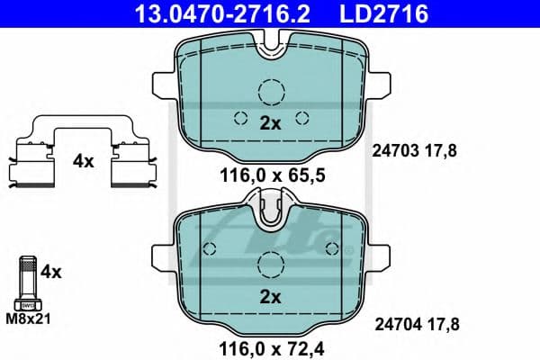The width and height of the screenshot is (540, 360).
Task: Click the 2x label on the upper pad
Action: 271,124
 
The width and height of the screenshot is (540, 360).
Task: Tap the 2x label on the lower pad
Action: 271,296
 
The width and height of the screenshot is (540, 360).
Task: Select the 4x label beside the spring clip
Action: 84,162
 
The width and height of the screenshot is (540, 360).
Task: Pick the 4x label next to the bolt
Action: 51,270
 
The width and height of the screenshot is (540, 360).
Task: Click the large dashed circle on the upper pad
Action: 271,93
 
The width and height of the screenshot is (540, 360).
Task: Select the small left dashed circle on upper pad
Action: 239,117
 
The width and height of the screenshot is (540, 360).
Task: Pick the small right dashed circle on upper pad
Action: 302,117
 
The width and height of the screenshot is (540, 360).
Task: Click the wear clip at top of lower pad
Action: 271,212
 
